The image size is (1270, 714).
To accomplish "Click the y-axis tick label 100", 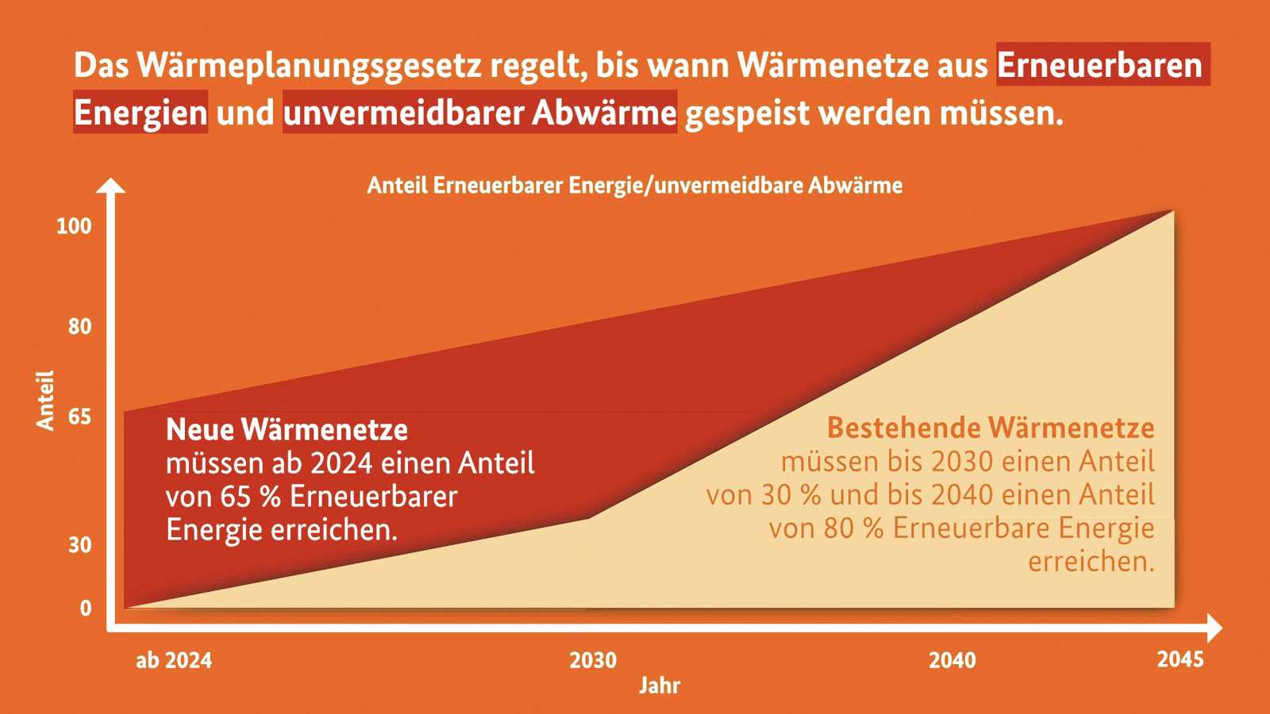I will [74, 226].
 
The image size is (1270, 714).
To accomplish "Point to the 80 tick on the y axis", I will [79, 326].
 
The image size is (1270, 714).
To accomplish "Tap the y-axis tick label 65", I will [79, 416].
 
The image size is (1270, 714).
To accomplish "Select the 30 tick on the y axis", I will [79, 545].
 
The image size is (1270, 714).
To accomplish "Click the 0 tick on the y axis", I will [86, 608].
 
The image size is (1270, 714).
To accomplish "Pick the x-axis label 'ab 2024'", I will [174, 660].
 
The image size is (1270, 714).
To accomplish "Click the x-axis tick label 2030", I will [593, 660].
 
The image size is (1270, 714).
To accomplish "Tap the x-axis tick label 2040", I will [952, 660].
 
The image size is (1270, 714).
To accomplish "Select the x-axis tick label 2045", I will [1180, 659].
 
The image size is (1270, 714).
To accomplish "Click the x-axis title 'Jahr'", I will [660, 685].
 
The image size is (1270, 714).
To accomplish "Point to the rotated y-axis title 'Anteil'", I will [45, 400].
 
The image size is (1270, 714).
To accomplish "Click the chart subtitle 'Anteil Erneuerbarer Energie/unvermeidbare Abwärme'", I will [634, 186].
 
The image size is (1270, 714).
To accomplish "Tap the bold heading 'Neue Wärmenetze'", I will [287, 429].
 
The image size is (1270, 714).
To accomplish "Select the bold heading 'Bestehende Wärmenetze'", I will [991, 428].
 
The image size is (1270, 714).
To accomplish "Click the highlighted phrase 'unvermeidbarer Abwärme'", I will [480, 113].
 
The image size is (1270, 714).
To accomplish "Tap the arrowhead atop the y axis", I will [111, 186].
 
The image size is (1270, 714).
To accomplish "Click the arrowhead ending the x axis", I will [1214, 628].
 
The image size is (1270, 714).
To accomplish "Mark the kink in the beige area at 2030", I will [589, 518].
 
